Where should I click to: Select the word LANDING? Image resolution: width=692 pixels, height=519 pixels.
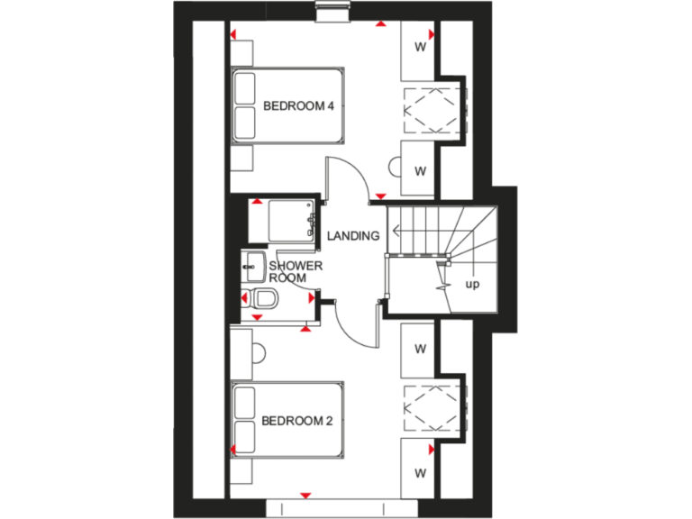[x=352, y=236]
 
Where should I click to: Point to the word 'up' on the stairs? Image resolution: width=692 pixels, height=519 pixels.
[x=471, y=285]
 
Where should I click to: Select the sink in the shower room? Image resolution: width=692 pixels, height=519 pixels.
[x=253, y=265]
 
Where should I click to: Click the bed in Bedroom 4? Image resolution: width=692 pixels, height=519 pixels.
[x=288, y=105]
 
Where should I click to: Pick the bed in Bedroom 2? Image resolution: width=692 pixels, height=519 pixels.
[x=288, y=420]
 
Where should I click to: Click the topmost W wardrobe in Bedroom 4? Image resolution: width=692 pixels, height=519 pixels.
[x=419, y=46]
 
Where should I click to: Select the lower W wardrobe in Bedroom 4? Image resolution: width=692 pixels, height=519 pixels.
[x=419, y=169]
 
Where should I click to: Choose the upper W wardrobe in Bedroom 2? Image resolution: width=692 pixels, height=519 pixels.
[x=419, y=348]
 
